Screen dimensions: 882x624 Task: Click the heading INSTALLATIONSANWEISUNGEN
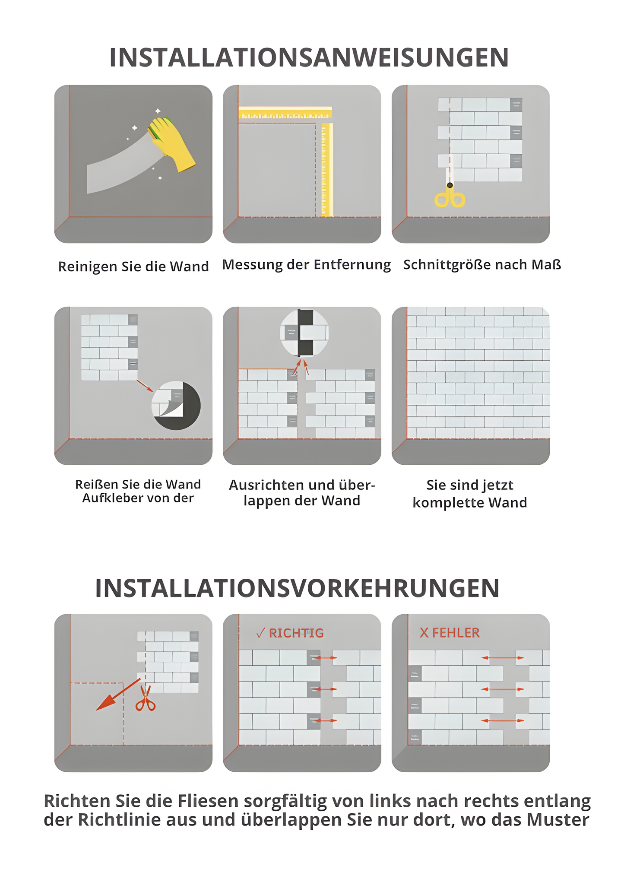click(x=309, y=57)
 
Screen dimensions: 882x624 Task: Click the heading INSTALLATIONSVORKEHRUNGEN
click(x=297, y=588)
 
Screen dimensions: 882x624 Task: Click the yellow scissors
click(x=450, y=197)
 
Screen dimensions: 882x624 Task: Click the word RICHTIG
click(x=296, y=633)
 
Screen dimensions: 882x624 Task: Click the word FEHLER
click(x=456, y=633)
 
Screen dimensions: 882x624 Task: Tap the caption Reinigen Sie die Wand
click(x=133, y=267)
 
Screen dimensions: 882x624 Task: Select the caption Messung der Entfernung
click(x=306, y=264)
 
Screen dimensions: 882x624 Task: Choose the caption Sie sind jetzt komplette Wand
click(x=470, y=494)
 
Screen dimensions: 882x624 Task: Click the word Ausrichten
click(x=263, y=485)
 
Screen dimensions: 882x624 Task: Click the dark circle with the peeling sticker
click(x=176, y=405)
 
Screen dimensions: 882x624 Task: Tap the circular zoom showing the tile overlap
click(x=304, y=333)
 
